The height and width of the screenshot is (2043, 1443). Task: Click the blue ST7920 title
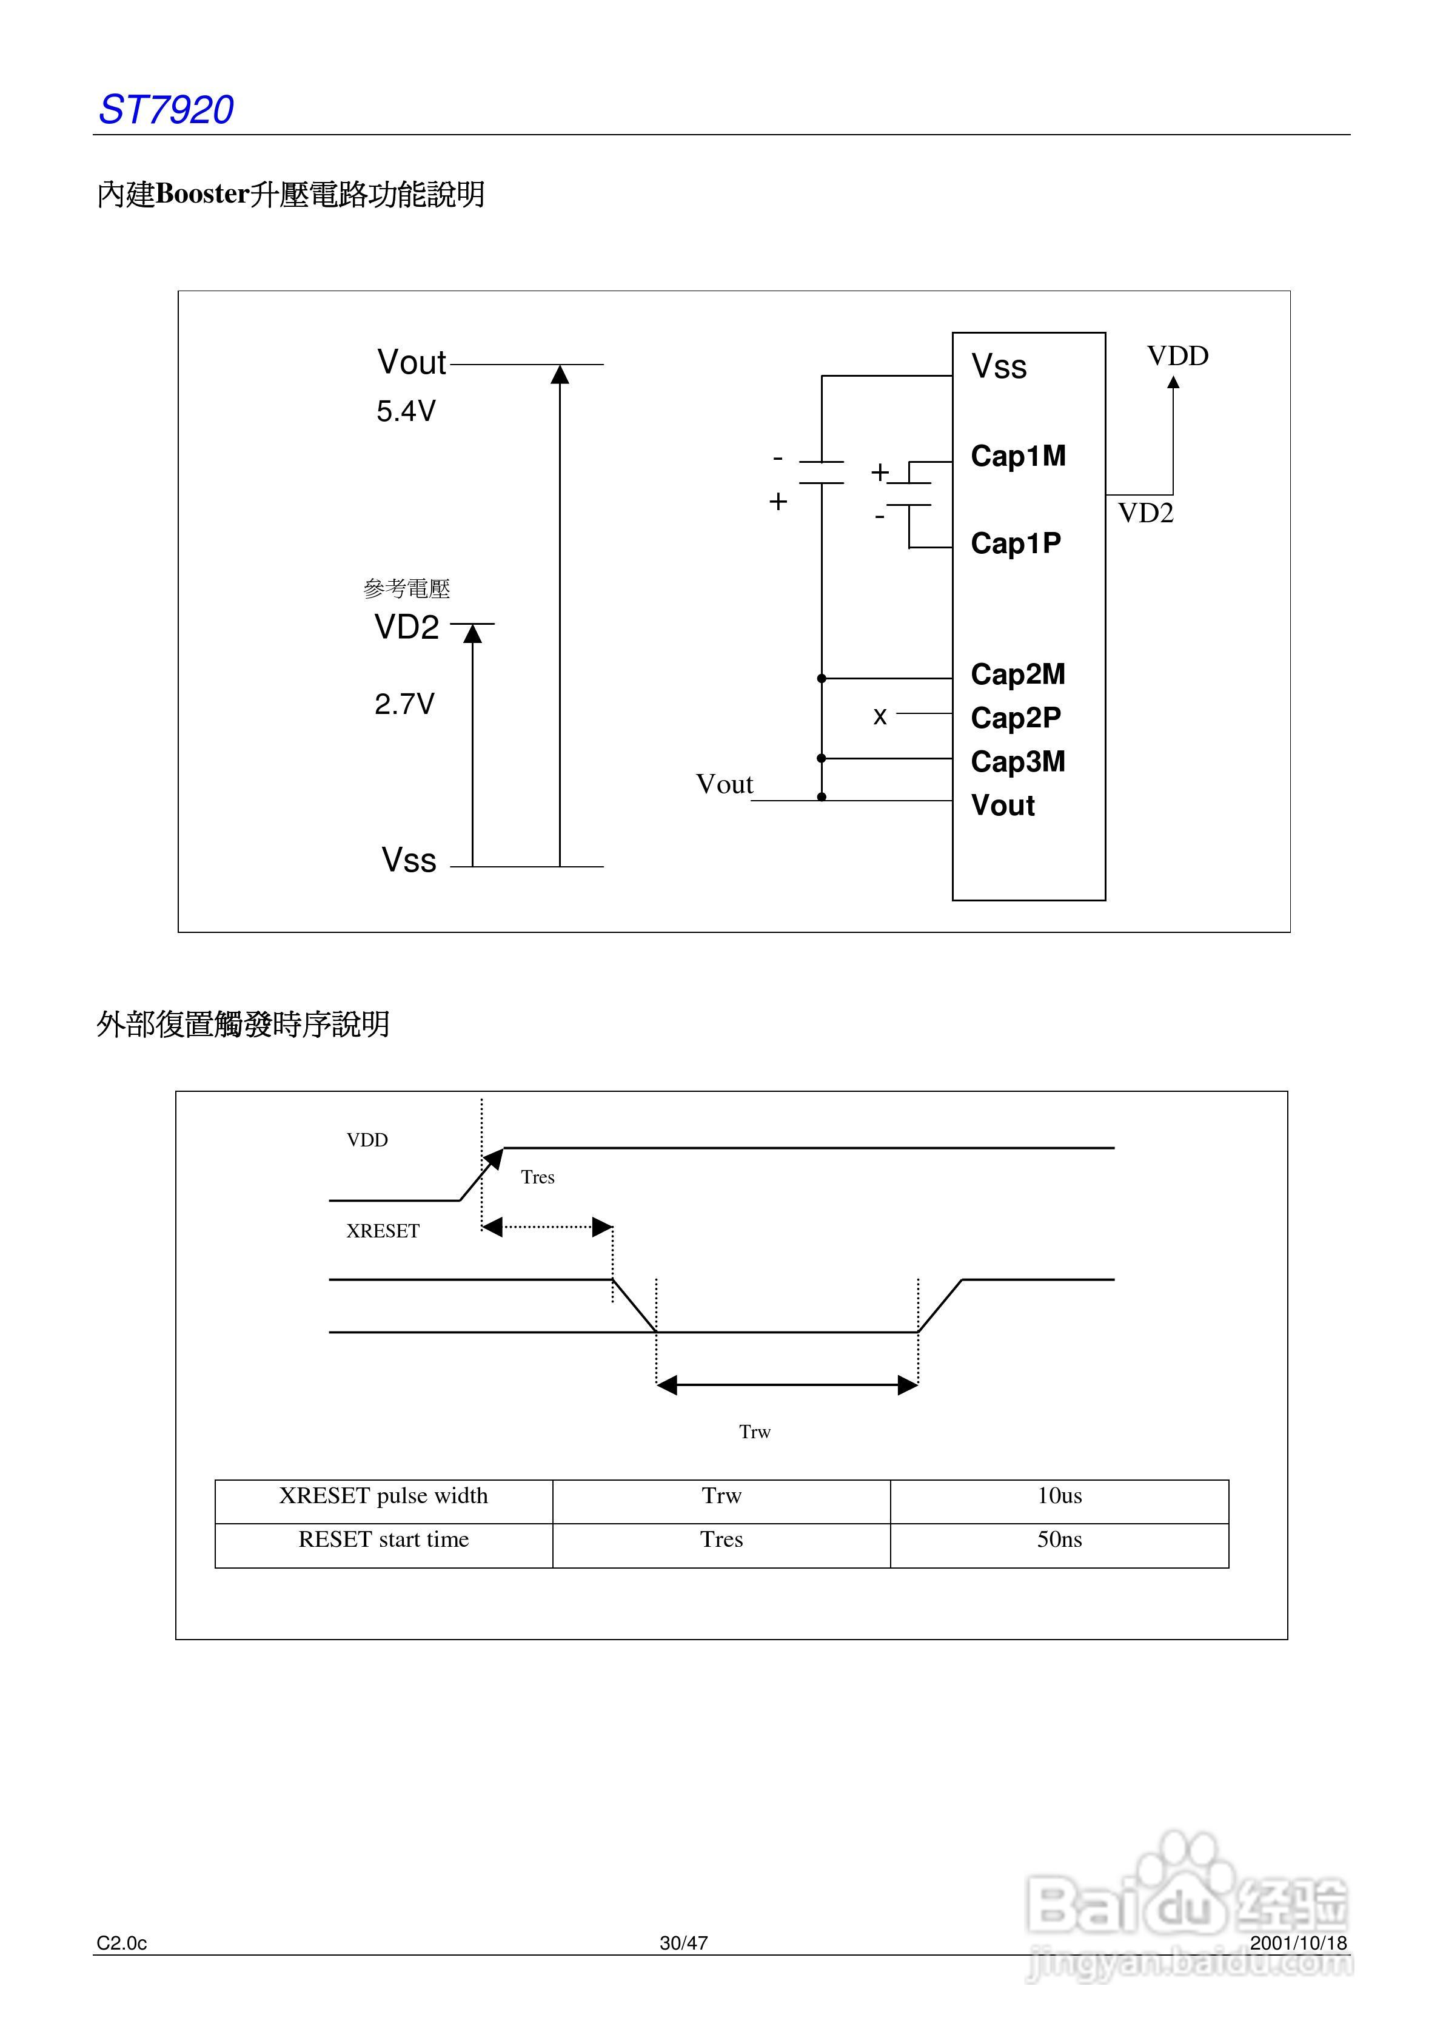click(x=166, y=110)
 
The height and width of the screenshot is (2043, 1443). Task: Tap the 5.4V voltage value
click(x=406, y=411)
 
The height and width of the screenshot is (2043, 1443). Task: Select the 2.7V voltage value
click(x=404, y=704)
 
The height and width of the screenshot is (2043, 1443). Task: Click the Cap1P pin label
click(x=1015, y=543)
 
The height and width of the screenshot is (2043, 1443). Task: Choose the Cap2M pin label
click(x=1018, y=675)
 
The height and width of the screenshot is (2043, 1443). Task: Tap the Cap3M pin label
click(x=1018, y=762)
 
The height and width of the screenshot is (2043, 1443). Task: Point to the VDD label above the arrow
click(x=1177, y=356)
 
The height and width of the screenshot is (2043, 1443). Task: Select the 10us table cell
click(x=1059, y=1496)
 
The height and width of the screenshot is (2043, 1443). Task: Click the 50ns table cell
click(x=1059, y=1540)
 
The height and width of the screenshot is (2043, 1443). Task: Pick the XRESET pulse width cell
click(x=383, y=1496)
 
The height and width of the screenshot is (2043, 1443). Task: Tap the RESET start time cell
click(x=383, y=1540)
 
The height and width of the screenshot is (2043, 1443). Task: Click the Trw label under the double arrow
click(x=754, y=1432)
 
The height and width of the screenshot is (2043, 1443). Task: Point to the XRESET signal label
click(x=383, y=1231)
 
